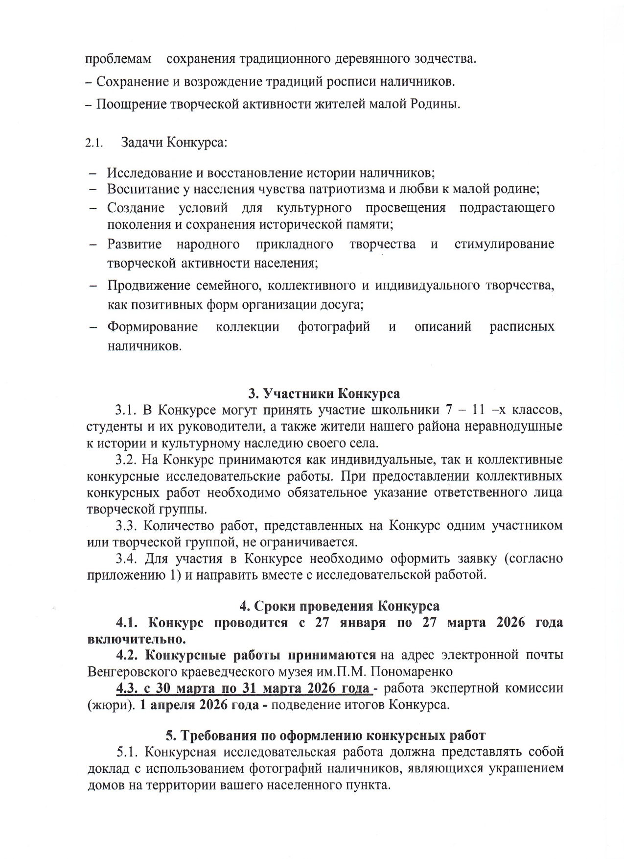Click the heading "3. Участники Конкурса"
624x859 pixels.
pos(324,393)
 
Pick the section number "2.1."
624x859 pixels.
pos(92,144)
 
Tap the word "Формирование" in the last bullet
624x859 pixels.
pos(153,327)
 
